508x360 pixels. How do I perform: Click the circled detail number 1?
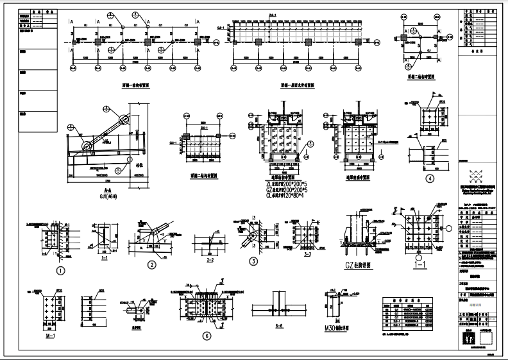pos(61,271)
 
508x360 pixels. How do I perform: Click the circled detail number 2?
pos(152,264)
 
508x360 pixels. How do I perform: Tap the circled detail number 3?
pos(253,261)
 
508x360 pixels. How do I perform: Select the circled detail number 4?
pos(430,179)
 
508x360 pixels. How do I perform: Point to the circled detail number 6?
pos(206,336)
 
